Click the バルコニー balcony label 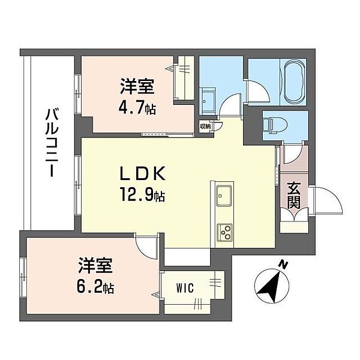50,143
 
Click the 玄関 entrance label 293,194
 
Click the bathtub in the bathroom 294,82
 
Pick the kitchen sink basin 224,194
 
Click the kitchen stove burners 224,230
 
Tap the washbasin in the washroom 208,100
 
